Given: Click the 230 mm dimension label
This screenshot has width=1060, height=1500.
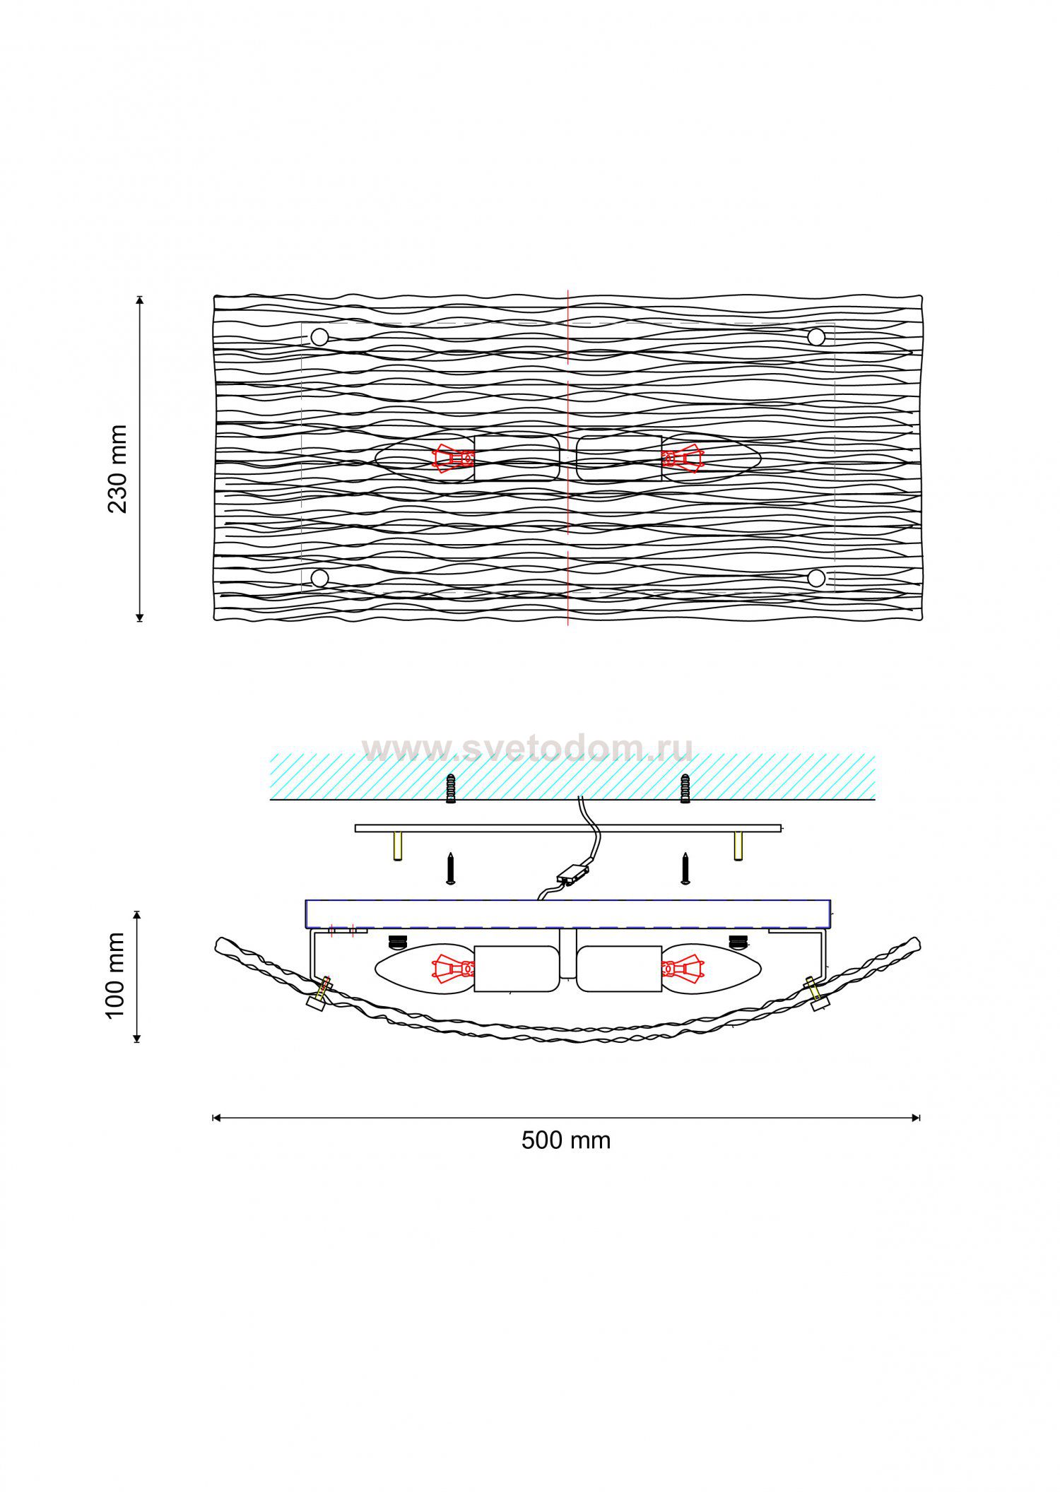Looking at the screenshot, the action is tap(117, 468).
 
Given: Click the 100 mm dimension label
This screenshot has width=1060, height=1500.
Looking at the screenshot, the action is tap(115, 976).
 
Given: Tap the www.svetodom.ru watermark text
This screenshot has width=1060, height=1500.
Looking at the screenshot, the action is tap(526, 749).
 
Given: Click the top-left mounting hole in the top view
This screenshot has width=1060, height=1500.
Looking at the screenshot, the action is tap(319, 337).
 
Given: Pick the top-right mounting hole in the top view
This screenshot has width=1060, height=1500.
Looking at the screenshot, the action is tap(816, 337).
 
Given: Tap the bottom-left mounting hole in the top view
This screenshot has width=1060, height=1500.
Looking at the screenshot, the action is tap(319, 579).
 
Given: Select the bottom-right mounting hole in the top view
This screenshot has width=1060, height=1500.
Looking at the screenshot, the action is tap(816, 579).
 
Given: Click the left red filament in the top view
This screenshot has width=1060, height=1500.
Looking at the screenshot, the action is tap(453, 459).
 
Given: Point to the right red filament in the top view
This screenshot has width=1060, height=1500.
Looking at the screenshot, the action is tap(683, 459).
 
